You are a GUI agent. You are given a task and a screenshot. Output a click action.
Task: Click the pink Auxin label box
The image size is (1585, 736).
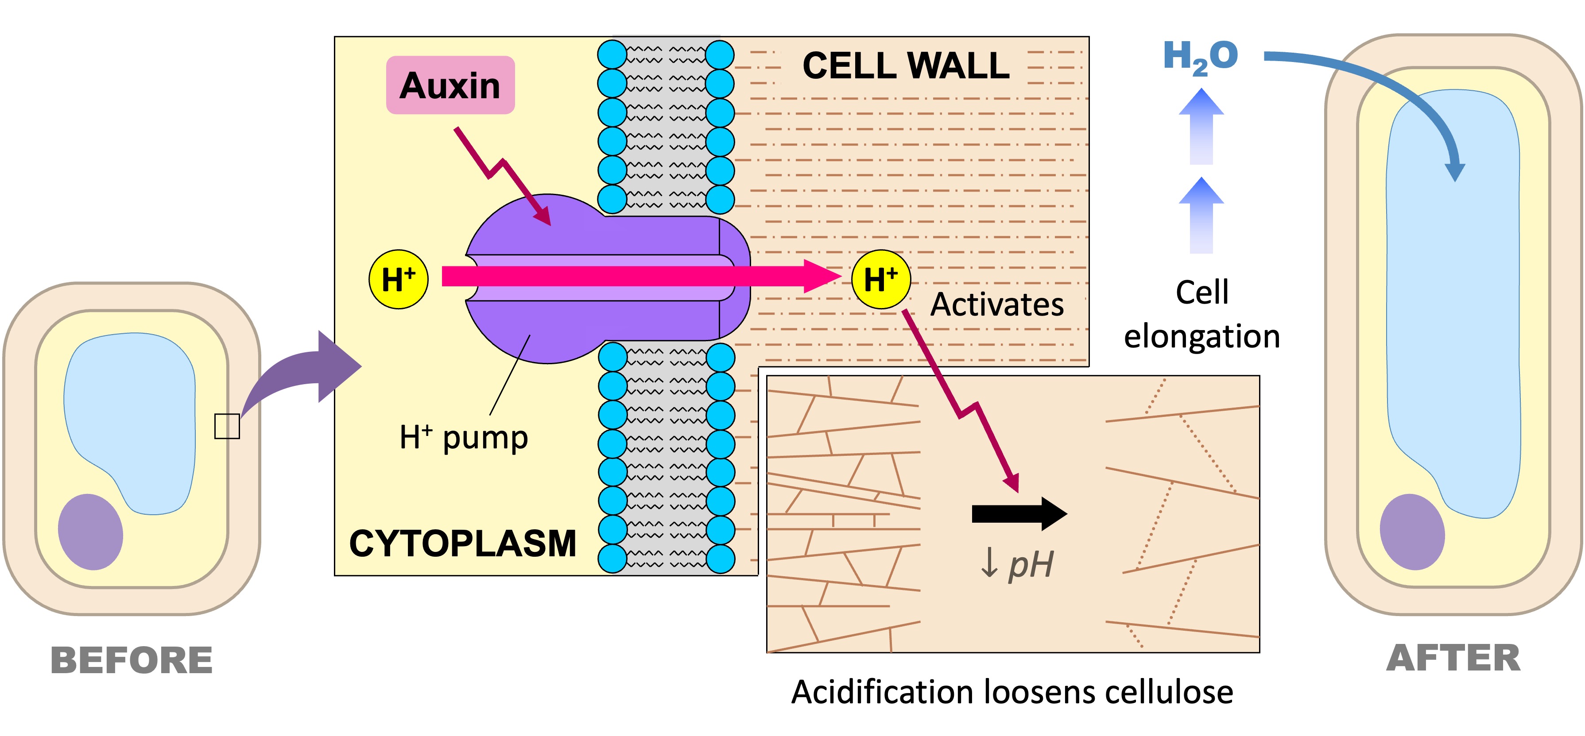point(450,85)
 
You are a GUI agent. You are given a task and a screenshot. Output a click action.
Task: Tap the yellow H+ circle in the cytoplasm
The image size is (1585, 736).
point(398,279)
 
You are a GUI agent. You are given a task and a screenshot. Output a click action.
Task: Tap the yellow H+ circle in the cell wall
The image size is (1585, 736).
point(880,279)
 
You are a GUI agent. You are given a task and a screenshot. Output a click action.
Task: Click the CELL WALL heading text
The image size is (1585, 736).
point(906,66)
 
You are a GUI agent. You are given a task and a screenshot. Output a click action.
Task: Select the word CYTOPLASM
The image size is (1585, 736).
point(463,543)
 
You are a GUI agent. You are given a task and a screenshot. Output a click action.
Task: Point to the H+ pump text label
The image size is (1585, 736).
point(463,438)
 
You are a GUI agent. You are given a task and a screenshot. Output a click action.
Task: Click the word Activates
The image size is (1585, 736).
point(997,304)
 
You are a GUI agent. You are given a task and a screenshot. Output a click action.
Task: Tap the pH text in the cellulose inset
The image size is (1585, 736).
point(1030,564)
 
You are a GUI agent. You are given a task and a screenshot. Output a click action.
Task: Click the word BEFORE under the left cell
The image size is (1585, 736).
point(132,660)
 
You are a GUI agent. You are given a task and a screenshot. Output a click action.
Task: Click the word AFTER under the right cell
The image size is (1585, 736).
point(1453,658)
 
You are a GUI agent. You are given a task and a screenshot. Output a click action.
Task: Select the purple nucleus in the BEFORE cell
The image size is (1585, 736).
point(90,532)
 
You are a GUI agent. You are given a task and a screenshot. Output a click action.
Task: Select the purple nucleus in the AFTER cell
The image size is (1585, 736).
point(1412,532)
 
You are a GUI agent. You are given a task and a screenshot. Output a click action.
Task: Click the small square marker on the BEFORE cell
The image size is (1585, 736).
point(226,426)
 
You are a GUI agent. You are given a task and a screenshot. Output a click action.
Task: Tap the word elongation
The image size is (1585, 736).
point(1201,336)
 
